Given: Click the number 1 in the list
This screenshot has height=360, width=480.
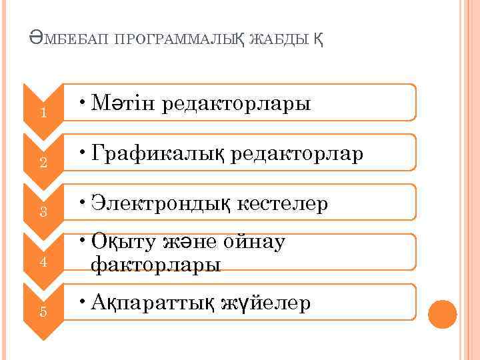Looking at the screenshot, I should pyautogui.click(x=43, y=113).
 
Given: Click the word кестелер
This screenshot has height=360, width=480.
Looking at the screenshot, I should pyautogui.click(x=284, y=204).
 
